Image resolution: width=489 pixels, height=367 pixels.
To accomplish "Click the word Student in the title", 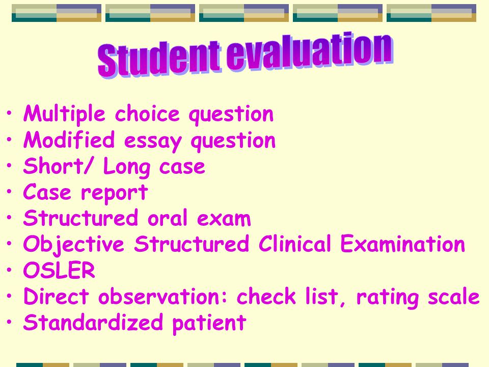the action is click(x=159, y=59).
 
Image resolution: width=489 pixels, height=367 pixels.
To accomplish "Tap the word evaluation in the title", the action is click(x=309, y=51).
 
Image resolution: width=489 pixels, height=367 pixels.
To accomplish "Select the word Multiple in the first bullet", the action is click(x=64, y=114).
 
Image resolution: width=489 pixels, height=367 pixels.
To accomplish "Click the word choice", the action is click(x=147, y=113).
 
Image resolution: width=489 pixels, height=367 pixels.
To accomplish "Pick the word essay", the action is click(x=152, y=143).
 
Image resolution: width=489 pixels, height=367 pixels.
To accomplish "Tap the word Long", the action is click(x=126, y=167).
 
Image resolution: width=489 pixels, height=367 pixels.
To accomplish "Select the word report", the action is click(x=114, y=194).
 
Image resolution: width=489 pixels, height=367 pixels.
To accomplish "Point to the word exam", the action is click(x=224, y=219).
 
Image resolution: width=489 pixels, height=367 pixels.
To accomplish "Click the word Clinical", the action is click(x=294, y=244).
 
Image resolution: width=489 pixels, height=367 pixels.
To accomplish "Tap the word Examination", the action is click(x=402, y=244).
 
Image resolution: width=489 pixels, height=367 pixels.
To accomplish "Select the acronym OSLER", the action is click(x=59, y=270).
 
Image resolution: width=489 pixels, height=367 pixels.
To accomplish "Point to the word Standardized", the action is click(x=93, y=322).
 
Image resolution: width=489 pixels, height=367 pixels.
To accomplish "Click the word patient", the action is click(x=209, y=324).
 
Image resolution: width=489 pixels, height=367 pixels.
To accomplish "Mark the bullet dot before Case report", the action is click(x=9, y=191).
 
